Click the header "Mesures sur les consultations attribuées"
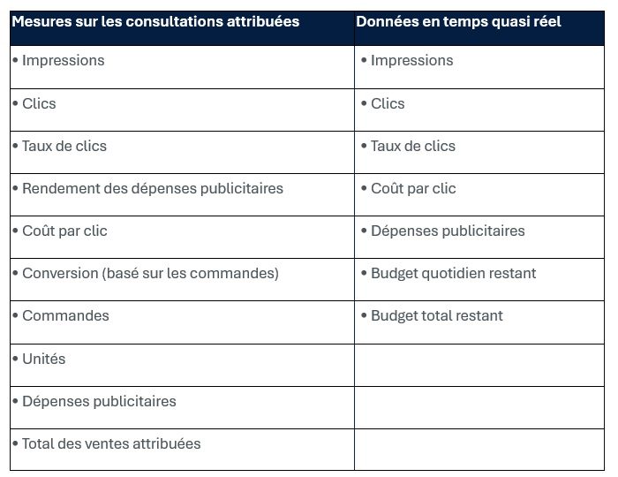(155, 21)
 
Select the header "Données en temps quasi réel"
(458, 21)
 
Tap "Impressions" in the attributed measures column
(63, 61)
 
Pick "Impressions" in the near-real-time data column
(411, 61)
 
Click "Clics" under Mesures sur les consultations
(39, 103)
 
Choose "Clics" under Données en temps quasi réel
(388, 103)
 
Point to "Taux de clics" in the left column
(64, 146)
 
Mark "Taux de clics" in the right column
(413, 146)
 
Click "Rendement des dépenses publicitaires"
(153, 188)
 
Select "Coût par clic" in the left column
(64, 231)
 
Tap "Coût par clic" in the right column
(413, 188)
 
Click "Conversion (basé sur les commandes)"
(150, 273)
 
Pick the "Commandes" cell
(65, 315)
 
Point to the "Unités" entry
(43, 359)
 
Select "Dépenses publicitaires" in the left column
(99, 401)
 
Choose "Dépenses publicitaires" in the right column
(448, 231)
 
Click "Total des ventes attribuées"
(111, 443)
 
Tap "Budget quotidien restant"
(453, 273)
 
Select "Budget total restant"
(437, 315)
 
